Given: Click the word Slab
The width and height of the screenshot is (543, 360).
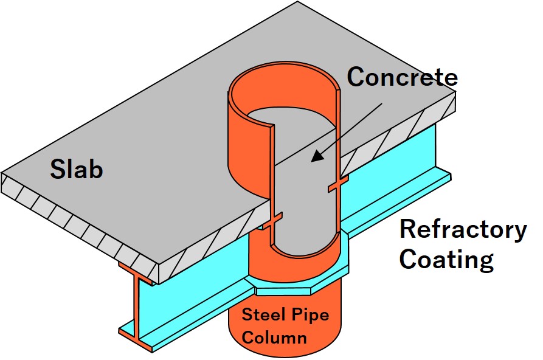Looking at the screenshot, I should (x=76, y=169).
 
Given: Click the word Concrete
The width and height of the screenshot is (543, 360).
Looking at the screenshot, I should (x=402, y=77).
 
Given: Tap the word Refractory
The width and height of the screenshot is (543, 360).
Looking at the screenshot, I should (x=463, y=230).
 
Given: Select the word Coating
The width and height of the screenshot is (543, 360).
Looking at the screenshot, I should (x=446, y=259).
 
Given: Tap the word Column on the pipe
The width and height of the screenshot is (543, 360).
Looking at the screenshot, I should (x=274, y=336).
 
